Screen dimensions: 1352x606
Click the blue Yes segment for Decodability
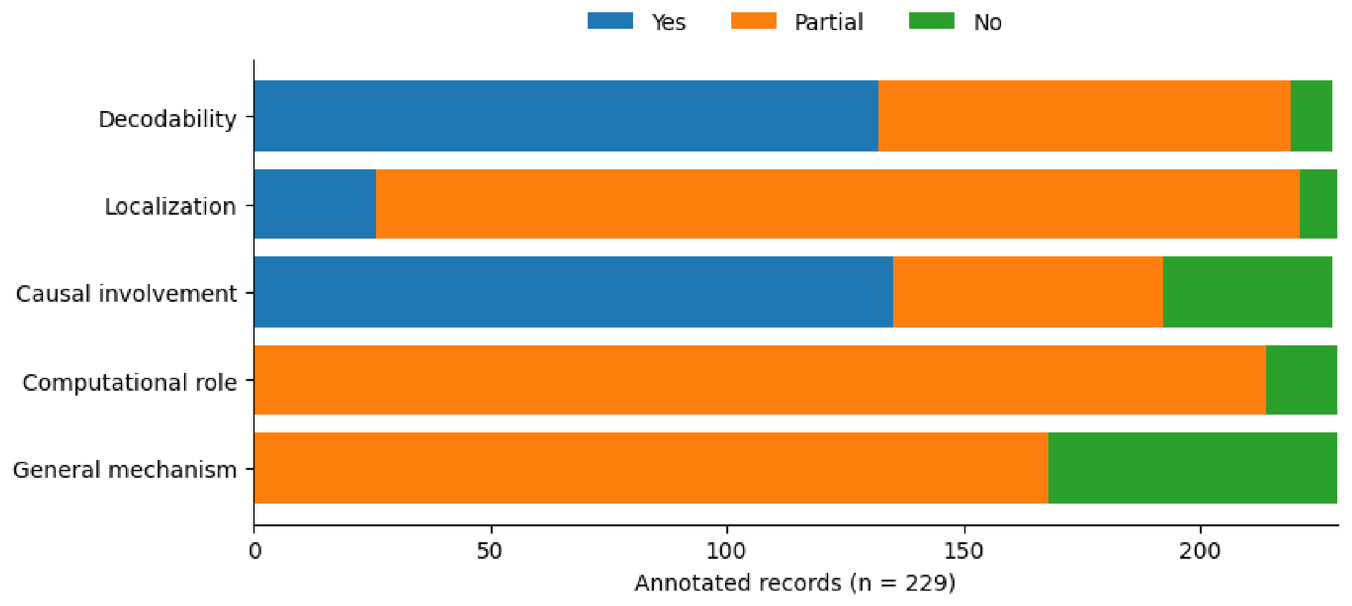(x=566, y=116)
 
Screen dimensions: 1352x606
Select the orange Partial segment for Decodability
(x=1085, y=116)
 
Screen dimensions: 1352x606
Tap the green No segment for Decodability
(x=1312, y=116)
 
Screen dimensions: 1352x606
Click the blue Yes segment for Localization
(x=315, y=204)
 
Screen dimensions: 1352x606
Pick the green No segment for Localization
(x=1318, y=204)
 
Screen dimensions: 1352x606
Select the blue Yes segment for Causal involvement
(x=574, y=292)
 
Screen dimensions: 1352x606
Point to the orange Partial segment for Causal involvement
(x=1028, y=292)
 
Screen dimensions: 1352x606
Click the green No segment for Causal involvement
(x=1248, y=292)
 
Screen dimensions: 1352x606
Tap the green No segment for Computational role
(x=1302, y=380)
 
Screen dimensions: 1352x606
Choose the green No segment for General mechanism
(x=1193, y=468)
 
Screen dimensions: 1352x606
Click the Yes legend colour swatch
(x=610, y=21)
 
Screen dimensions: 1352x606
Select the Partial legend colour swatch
(x=754, y=21)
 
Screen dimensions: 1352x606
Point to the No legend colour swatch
(x=932, y=21)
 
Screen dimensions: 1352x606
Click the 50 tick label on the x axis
(x=490, y=551)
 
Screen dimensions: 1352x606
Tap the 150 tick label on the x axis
(x=964, y=551)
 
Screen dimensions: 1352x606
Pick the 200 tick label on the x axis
(x=1200, y=551)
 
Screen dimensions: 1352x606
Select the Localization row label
(x=171, y=207)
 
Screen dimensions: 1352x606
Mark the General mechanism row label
(x=125, y=470)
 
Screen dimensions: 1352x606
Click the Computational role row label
(x=129, y=383)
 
